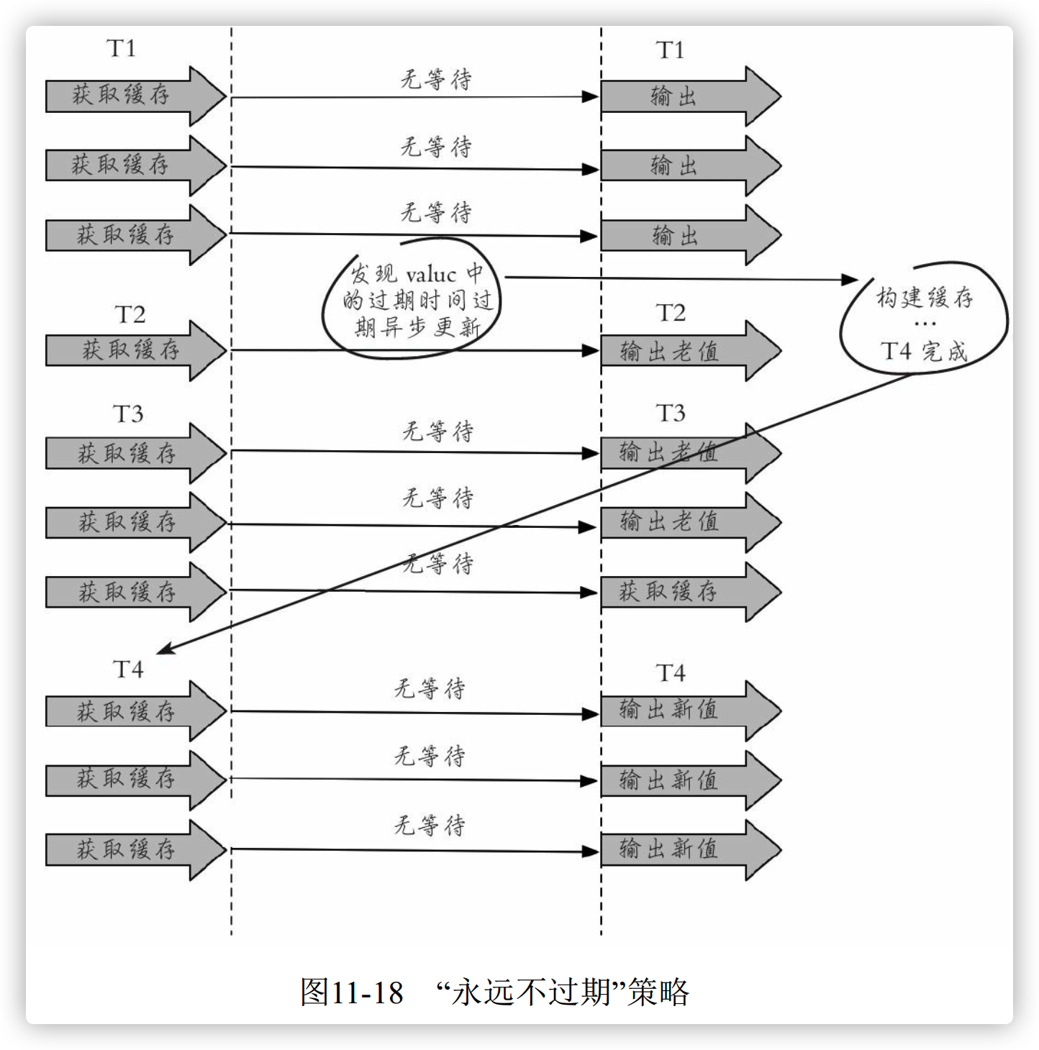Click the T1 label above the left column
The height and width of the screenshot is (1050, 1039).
[x=121, y=48]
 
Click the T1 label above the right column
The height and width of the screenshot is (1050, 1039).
[x=670, y=50]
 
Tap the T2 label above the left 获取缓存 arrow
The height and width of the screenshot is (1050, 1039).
[x=130, y=314]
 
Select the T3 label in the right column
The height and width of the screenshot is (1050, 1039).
[x=671, y=414]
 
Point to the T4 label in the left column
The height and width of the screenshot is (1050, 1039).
[x=129, y=670]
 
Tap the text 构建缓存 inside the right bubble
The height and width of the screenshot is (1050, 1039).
[x=925, y=297]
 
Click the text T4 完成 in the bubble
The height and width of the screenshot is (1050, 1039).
[x=924, y=352]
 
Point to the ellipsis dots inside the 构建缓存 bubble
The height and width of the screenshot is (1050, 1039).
[x=925, y=324]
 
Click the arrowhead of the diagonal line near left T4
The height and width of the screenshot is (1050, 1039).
[x=163, y=651]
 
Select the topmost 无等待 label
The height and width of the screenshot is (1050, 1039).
[x=436, y=79]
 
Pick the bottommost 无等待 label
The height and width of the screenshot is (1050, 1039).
[x=430, y=825]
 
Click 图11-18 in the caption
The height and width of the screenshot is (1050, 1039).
[x=352, y=992]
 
